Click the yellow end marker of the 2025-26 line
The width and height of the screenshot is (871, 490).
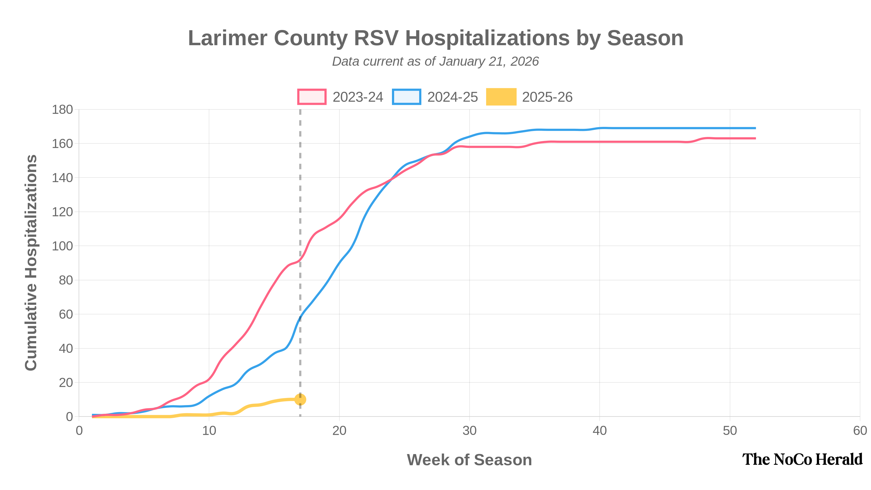click(300, 399)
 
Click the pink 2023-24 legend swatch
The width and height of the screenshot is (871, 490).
click(312, 97)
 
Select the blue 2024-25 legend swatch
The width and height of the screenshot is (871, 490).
click(406, 97)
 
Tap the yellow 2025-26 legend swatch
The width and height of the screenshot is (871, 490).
click(501, 97)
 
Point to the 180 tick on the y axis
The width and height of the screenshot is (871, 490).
click(62, 109)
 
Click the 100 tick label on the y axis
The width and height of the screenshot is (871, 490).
click(62, 246)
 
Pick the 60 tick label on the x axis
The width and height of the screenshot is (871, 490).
click(860, 431)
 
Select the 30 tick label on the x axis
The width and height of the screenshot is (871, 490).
click(469, 431)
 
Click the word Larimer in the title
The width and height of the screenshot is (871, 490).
click(228, 38)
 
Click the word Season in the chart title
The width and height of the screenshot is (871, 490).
click(645, 38)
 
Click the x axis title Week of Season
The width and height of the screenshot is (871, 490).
click(469, 460)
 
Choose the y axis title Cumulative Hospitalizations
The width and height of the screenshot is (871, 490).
click(31, 262)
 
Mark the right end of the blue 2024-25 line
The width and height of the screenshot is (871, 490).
click(755, 128)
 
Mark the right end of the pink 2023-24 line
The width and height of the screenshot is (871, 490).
click(755, 138)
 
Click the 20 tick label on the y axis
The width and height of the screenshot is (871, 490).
click(66, 383)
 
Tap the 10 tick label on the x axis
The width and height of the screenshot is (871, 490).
click(209, 431)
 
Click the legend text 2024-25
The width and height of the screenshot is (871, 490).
click(452, 97)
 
